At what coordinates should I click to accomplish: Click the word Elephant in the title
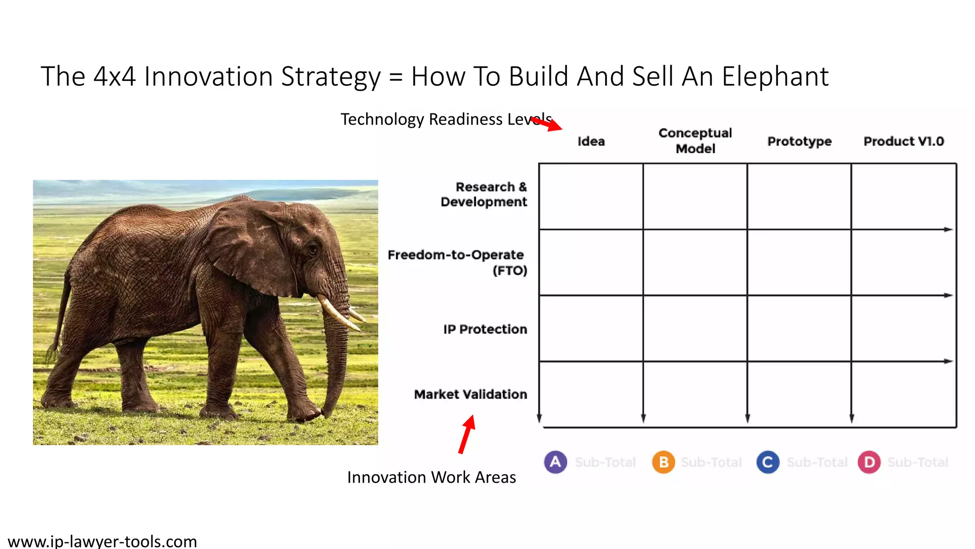tap(775, 77)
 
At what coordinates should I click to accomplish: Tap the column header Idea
tap(591, 142)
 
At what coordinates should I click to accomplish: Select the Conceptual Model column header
tap(695, 141)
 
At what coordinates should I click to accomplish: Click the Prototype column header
tap(799, 142)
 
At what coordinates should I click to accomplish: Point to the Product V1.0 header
tap(904, 142)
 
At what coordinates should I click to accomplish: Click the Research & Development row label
tap(484, 194)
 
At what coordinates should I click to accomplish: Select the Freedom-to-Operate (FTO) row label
tap(457, 263)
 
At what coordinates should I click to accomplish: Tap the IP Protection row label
tap(485, 329)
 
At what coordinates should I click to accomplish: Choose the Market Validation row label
tap(470, 395)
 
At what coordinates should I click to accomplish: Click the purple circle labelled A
tap(555, 462)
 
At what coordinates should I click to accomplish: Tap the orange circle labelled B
tap(663, 462)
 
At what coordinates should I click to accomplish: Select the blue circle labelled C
tap(767, 462)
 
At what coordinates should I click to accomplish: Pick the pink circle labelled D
tap(869, 462)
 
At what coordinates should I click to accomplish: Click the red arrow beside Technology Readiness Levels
tap(548, 124)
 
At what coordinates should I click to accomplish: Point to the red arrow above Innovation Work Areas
tap(467, 434)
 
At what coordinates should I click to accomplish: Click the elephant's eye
tap(313, 248)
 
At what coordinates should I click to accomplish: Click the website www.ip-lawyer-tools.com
tap(102, 541)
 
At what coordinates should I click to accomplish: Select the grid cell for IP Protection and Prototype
tap(799, 328)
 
